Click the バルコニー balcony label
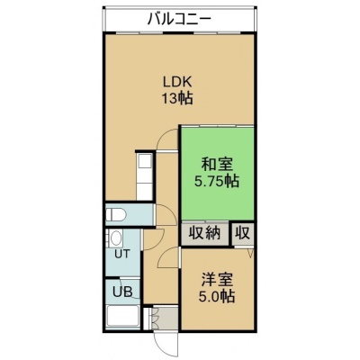click(x=179, y=19)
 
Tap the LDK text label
click(x=177, y=82)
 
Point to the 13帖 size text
click(x=177, y=98)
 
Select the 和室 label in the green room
click(x=217, y=166)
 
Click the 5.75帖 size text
click(x=217, y=181)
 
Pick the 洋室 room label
click(x=217, y=281)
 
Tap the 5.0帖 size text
click(x=217, y=297)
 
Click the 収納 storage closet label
click(x=205, y=233)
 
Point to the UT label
click(x=122, y=254)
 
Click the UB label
click(x=122, y=292)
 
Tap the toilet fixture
click(x=116, y=214)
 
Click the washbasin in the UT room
click(x=115, y=238)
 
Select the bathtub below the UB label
click(x=122, y=317)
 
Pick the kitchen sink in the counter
click(x=145, y=162)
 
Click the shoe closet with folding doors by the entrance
click(x=162, y=318)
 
